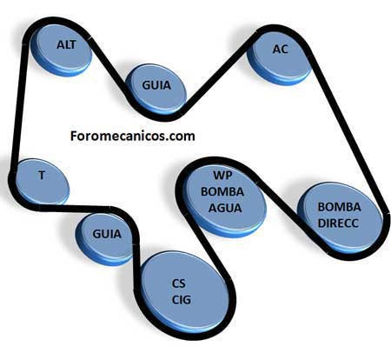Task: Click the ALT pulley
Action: tap(62, 50)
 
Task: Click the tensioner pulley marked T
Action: tap(43, 182)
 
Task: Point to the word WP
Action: tap(223, 176)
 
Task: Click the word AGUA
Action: tap(225, 208)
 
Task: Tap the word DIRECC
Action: tap(338, 223)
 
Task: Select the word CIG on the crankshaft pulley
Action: tap(182, 300)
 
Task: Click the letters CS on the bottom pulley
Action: tap(178, 283)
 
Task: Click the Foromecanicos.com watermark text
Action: tap(132, 136)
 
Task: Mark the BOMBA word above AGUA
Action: tap(222, 192)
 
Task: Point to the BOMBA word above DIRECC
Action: tap(339, 207)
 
